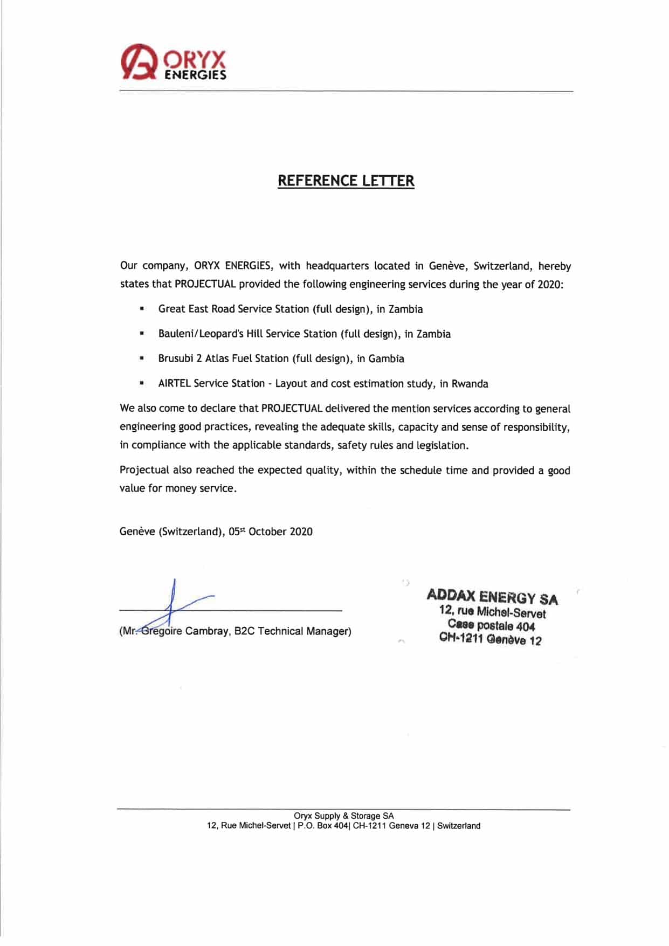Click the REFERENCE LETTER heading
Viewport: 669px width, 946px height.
point(346,181)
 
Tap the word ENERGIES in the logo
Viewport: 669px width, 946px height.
point(195,75)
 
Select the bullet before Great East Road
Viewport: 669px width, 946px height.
point(142,309)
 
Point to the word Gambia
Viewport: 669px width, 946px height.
point(386,359)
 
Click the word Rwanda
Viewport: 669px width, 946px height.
point(470,384)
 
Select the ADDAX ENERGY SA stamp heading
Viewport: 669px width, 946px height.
point(492,597)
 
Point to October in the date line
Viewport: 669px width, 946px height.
point(267,531)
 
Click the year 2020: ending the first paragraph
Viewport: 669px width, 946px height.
point(550,284)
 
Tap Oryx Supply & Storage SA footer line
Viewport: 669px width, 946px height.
point(343,816)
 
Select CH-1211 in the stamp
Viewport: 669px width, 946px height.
point(461,639)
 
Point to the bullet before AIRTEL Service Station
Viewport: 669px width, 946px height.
point(142,384)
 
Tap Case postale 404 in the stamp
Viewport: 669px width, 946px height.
point(491,626)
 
